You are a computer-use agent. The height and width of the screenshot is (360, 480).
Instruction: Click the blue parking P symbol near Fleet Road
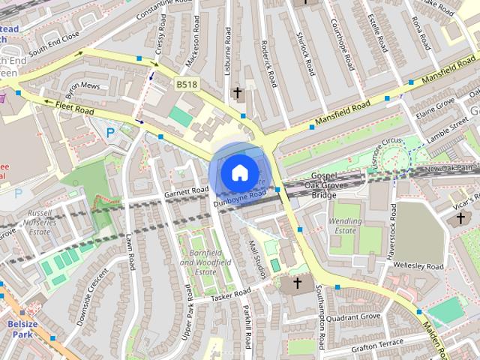(111, 133)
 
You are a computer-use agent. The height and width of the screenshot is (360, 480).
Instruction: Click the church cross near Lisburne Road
(238, 93)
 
